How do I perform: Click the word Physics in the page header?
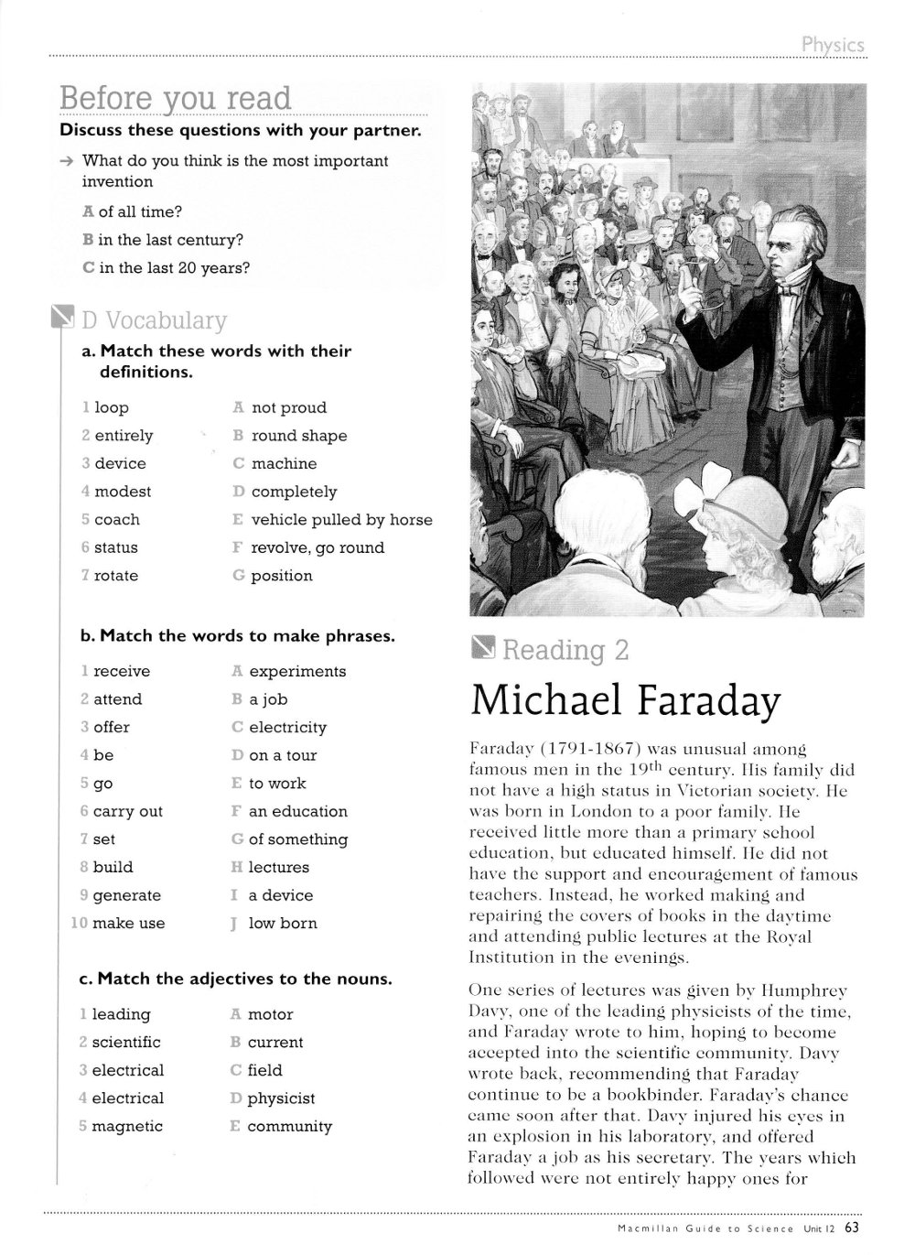(832, 44)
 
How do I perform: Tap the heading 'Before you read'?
(175, 98)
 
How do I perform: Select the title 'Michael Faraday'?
(625, 700)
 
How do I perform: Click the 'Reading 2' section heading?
(565, 650)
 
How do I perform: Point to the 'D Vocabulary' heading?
(153, 320)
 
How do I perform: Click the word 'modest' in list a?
(123, 492)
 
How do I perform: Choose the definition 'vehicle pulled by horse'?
(341, 520)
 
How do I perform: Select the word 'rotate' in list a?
(116, 576)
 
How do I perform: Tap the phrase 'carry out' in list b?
(127, 811)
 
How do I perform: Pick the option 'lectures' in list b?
(279, 867)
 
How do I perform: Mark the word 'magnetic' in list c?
(127, 1126)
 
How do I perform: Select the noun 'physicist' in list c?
(281, 1098)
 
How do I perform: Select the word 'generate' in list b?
(126, 895)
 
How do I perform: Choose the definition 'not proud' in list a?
(288, 408)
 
